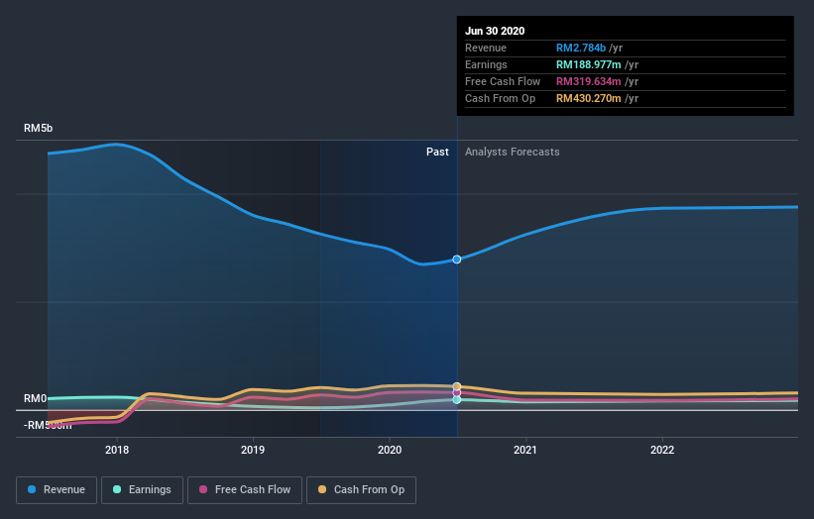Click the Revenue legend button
pyautogui.click(x=57, y=489)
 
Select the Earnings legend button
pyautogui.click(x=142, y=489)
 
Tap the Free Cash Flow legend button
pyautogui.click(x=244, y=489)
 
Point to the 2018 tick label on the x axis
pyautogui.click(x=117, y=450)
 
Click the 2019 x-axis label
pyautogui.click(x=253, y=450)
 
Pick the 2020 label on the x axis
pyautogui.click(x=390, y=450)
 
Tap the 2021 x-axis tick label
pyautogui.click(x=525, y=450)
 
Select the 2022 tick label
pyautogui.click(x=662, y=450)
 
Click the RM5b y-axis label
pyautogui.click(x=39, y=129)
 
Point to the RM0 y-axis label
pyautogui.click(x=36, y=399)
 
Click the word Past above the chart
pyautogui.click(x=437, y=153)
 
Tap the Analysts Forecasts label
pyautogui.click(x=512, y=153)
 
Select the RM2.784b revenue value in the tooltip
pyautogui.click(x=581, y=48)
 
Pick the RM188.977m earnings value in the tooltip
pyautogui.click(x=588, y=64)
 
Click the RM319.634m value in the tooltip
pyautogui.click(x=588, y=81)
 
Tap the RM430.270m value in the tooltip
pyautogui.click(x=588, y=98)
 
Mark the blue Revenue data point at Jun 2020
pyautogui.click(x=456, y=259)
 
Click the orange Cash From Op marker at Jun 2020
pyautogui.click(x=456, y=386)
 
